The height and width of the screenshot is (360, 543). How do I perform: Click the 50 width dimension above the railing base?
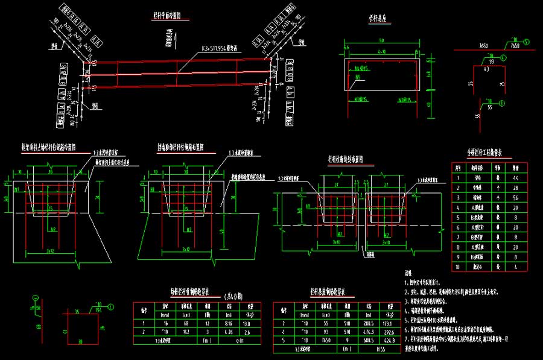pos(382,40)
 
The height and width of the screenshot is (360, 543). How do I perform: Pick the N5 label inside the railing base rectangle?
pos(359,77)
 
